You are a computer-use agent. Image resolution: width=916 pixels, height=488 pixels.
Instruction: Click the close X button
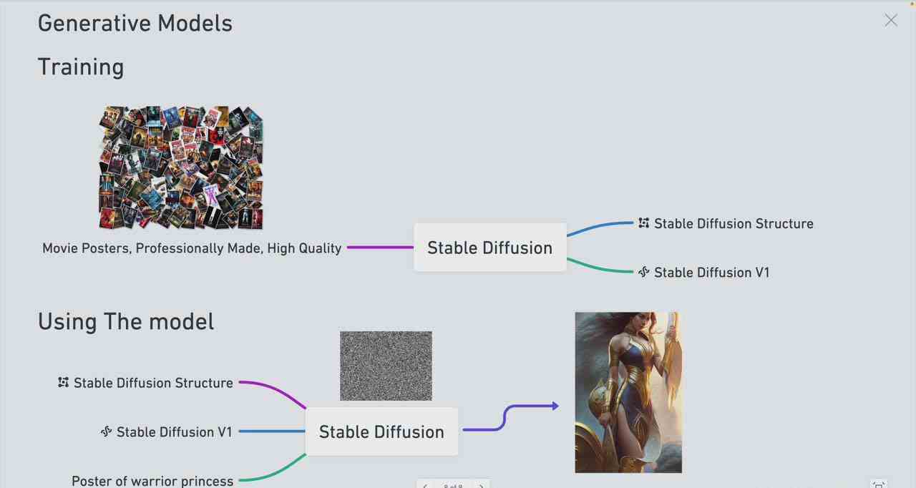pyautogui.click(x=890, y=21)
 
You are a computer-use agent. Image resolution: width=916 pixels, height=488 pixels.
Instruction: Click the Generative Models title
pyautogui.click(x=135, y=23)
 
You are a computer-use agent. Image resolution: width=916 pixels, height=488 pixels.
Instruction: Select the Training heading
pyautogui.click(x=81, y=67)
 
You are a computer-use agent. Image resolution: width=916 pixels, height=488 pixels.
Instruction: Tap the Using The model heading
pyautogui.click(x=126, y=321)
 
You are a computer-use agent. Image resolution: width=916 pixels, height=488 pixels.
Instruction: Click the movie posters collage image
pyautogui.click(x=180, y=168)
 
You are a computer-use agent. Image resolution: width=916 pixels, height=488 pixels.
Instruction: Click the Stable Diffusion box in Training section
pyautogui.click(x=489, y=248)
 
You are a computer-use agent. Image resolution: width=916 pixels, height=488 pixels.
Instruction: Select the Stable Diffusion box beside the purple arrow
pyautogui.click(x=381, y=431)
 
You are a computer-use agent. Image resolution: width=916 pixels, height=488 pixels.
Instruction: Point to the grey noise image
pyautogui.click(x=386, y=366)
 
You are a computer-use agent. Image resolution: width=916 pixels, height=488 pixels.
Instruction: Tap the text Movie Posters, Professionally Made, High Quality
pyautogui.click(x=192, y=248)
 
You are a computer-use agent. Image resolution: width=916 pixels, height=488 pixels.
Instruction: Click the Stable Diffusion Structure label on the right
pyautogui.click(x=734, y=224)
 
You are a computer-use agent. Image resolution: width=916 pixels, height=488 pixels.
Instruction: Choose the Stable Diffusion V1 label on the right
pyautogui.click(x=711, y=273)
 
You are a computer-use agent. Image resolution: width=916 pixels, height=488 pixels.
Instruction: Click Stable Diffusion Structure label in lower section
pyautogui.click(x=153, y=383)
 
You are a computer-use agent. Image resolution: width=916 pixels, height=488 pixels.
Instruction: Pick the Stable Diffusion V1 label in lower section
pyautogui.click(x=174, y=432)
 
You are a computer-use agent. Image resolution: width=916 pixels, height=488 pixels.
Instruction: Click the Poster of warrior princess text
pyautogui.click(x=152, y=481)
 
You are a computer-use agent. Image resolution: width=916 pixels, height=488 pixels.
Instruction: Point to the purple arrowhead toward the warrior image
pyautogui.click(x=555, y=406)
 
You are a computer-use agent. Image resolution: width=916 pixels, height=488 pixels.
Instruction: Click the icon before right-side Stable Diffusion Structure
pyautogui.click(x=644, y=223)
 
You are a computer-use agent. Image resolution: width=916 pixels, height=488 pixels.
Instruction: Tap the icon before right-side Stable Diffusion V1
pyautogui.click(x=643, y=272)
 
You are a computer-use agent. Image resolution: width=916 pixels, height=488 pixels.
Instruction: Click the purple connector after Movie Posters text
pyautogui.click(x=380, y=248)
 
